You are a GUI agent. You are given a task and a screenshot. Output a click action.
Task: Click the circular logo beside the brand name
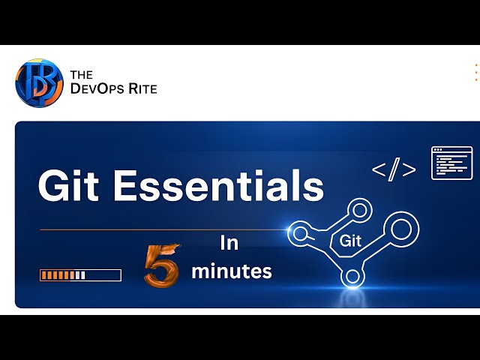39,82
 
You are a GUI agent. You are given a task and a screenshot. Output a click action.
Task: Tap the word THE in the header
81,74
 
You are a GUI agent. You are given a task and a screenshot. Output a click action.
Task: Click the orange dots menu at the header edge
476,73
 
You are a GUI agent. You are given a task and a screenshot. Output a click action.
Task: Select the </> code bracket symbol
394,170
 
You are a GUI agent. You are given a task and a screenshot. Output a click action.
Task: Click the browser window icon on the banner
451,163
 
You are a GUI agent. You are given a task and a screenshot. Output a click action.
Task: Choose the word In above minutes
228,243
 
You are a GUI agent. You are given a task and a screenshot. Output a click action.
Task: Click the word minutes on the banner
232,271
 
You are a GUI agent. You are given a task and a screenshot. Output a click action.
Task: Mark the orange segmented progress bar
80,275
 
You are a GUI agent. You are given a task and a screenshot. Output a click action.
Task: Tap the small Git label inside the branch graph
351,241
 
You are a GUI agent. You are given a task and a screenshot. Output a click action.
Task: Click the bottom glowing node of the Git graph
351,277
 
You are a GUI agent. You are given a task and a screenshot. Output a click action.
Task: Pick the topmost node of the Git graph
361,207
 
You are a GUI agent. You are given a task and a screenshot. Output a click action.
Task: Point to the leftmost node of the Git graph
300,233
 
